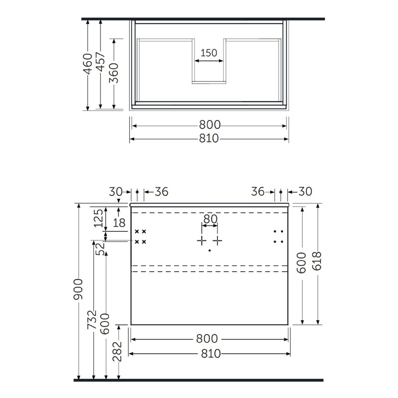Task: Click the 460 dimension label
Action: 88,64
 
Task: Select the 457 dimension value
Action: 100,62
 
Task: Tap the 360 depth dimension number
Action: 114,73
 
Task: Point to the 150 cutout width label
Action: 209,53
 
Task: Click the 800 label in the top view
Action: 210,125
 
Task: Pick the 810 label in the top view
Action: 208,138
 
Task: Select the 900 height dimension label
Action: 78,289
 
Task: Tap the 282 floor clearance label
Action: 117,351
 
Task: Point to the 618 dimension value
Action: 317,262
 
